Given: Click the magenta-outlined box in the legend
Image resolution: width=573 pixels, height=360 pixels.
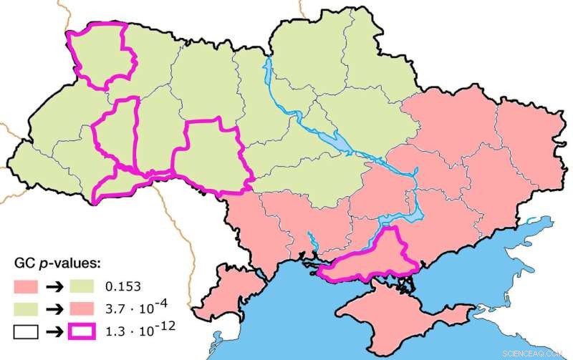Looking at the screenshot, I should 90,331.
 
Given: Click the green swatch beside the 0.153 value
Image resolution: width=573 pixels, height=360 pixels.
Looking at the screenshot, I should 90,288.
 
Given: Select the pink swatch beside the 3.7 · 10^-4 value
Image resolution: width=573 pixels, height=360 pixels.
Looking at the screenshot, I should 90,309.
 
